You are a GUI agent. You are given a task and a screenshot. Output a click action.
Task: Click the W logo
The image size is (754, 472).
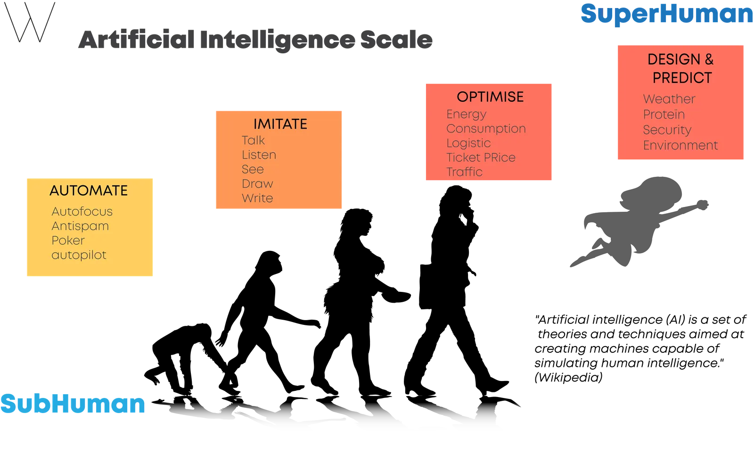coord(30,22)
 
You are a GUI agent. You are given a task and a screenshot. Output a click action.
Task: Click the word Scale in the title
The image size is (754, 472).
coord(396,40)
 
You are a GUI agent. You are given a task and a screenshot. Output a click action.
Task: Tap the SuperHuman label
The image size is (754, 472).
coord(666,14)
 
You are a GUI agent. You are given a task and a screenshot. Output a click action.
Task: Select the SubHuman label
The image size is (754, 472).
coord(73,403)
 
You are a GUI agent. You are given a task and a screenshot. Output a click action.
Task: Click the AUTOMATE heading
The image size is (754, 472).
coord(89,190)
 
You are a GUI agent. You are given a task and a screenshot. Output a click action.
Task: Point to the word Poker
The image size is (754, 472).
coord(68,240)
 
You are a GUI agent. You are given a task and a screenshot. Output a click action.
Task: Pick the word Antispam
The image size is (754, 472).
coord(80,226)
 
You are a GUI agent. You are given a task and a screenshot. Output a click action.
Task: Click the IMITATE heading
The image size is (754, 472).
coord(280,124)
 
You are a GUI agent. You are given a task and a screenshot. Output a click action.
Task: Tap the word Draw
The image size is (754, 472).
coord(257,183)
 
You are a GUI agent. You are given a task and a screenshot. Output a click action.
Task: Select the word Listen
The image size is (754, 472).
coord(259,155)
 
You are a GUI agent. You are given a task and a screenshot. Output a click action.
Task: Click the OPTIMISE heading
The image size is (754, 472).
coord(490,97)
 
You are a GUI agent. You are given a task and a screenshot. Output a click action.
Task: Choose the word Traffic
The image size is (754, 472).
coord(465,172)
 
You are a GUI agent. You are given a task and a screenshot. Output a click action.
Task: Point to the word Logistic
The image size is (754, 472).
coord(468,143)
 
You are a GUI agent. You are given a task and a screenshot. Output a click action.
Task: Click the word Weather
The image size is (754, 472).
coord(669,99)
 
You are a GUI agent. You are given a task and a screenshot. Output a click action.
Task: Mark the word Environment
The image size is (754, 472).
coord(680,145)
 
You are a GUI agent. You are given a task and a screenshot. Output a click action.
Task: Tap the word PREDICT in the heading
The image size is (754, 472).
coord(682,78)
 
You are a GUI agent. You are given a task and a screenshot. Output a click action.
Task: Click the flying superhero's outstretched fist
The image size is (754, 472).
coord(702,205)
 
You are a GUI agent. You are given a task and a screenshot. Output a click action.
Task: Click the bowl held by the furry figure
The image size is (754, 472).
coord(396,297)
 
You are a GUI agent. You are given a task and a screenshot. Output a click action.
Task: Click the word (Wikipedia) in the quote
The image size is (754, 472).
coord(568,377)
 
